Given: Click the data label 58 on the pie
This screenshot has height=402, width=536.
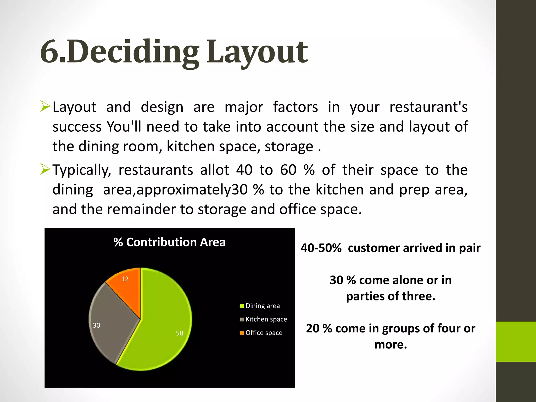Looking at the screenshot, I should (180, 333).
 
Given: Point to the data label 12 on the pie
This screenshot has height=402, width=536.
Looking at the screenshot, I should (125, 279).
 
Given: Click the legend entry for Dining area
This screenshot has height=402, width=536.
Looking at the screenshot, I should (263, 306).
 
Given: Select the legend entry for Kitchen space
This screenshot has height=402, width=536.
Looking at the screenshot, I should (266, 319).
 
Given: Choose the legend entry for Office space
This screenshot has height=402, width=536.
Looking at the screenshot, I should (264, 333).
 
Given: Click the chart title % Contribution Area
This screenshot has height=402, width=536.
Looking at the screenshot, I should (170, 242).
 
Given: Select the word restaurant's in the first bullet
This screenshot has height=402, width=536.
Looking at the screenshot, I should (428, 107).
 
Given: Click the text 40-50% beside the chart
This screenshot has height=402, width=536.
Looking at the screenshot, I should (321, 248).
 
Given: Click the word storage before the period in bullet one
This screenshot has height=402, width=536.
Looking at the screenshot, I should (289, 147).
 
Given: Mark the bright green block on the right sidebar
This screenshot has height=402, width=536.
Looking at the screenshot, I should (516, 342).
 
